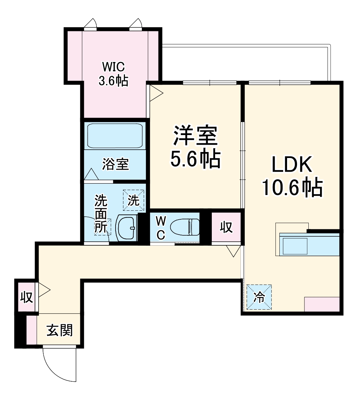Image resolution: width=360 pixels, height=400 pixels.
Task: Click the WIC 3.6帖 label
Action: coord(113,74)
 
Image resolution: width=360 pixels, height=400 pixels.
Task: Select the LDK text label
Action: coord(292,164)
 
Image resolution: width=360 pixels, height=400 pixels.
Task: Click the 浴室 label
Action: coord(115,164)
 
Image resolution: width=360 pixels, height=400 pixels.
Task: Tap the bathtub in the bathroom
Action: coord(115,136)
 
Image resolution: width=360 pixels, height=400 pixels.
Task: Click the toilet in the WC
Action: coord(185,227)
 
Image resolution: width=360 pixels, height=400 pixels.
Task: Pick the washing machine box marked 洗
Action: coord(134,200)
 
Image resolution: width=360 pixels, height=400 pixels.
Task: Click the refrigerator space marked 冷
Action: coord(259,297)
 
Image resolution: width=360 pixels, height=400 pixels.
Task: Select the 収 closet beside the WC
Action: coord(226,227)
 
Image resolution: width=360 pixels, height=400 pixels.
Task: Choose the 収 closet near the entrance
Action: coord(27,296)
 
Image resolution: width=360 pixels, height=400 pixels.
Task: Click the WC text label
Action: coord(161,227)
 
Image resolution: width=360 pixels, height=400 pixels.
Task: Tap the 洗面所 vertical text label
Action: coord(101,213)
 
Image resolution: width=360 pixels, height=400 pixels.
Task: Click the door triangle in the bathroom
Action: coord(91,174)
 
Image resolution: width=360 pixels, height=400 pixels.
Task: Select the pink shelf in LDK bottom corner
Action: coord(322,304)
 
